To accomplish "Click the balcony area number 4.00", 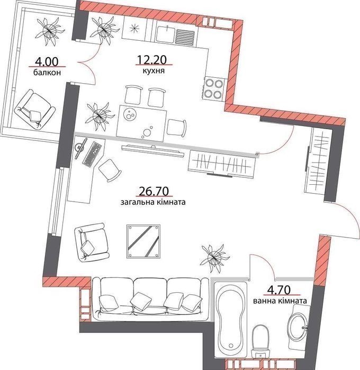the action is coord(47,62).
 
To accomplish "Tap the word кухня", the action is coord(154,70).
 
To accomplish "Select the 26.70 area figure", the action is coord(154,191).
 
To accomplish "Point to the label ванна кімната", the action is coord(280,301).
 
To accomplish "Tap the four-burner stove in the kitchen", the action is coord(213,89).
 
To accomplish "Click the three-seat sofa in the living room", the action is coord(150,299).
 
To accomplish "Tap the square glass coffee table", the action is coord(143,241).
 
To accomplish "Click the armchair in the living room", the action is coord(91,242).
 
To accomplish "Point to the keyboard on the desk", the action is coord(92,154).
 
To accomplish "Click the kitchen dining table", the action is coord(142,123).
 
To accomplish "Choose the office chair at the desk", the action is coord(110,170).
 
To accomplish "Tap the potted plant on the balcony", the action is coord(50,31).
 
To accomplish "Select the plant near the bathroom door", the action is coord(214,257).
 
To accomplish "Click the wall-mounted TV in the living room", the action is coord(153,151).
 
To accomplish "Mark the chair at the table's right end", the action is coord(177,128).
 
